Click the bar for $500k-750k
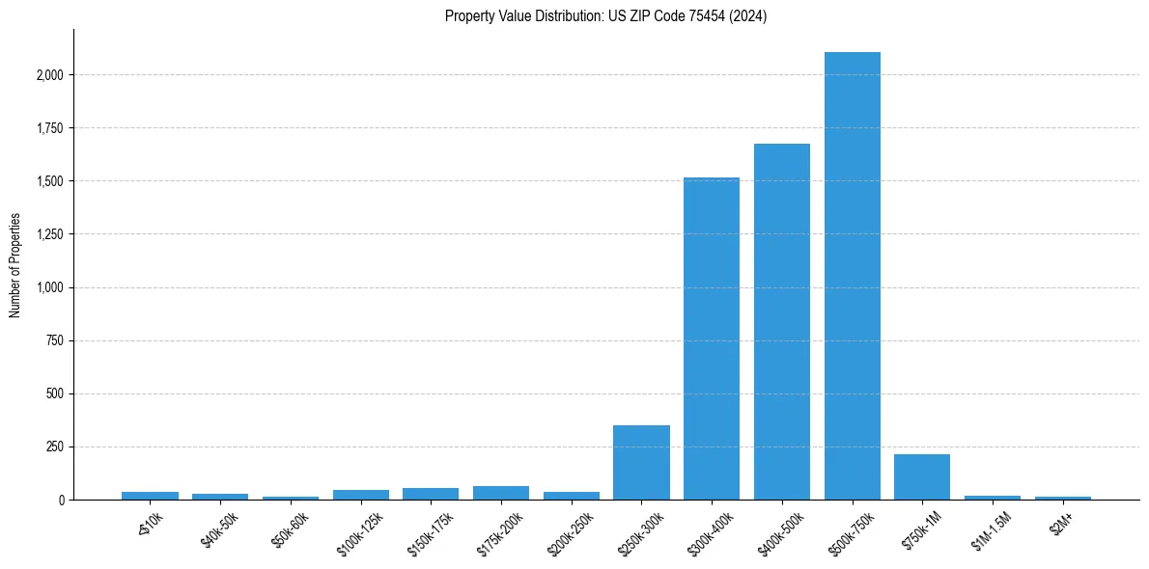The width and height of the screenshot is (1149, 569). click(853, 276)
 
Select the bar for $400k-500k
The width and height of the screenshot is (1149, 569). click(782, 322)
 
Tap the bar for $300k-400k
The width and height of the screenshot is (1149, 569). click(712, 339)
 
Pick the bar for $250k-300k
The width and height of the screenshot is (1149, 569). click(641, 463)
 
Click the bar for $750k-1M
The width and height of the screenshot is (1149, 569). click(922, 477)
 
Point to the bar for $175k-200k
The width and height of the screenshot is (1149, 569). click(501, 493)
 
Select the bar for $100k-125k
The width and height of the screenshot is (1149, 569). click(361, 495)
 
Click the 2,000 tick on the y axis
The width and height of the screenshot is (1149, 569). click(50, 75)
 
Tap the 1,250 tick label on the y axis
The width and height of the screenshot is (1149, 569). click(50, 234)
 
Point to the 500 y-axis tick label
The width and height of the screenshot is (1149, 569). click(55, 393)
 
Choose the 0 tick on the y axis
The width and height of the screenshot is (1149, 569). click(60, 501)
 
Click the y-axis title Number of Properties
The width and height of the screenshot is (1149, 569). click(14, 265)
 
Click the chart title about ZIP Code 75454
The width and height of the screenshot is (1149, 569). click(605, 15)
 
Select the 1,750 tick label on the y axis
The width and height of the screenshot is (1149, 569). click(50, 128)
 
